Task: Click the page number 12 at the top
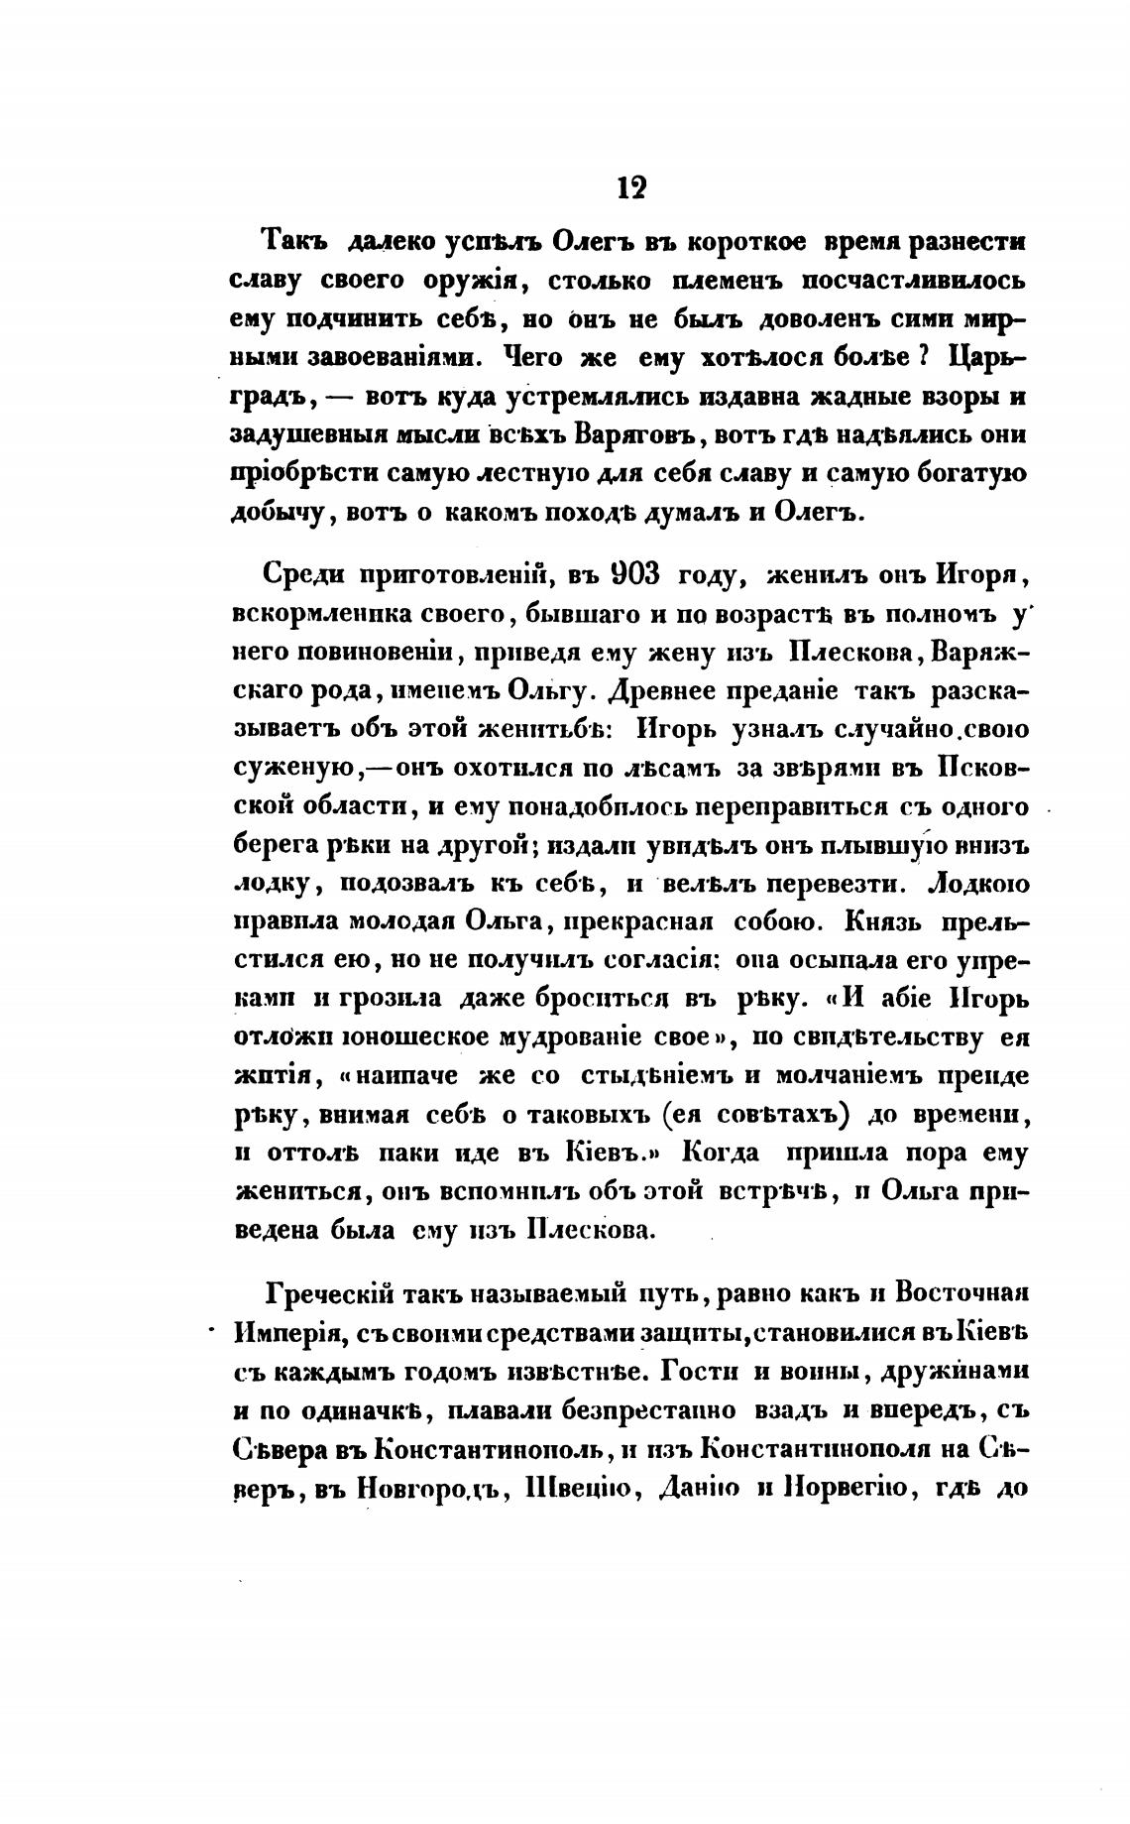pyautogui.click(x=630, y=187)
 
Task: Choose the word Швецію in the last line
pyautogui.click(x=585, y=1488)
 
